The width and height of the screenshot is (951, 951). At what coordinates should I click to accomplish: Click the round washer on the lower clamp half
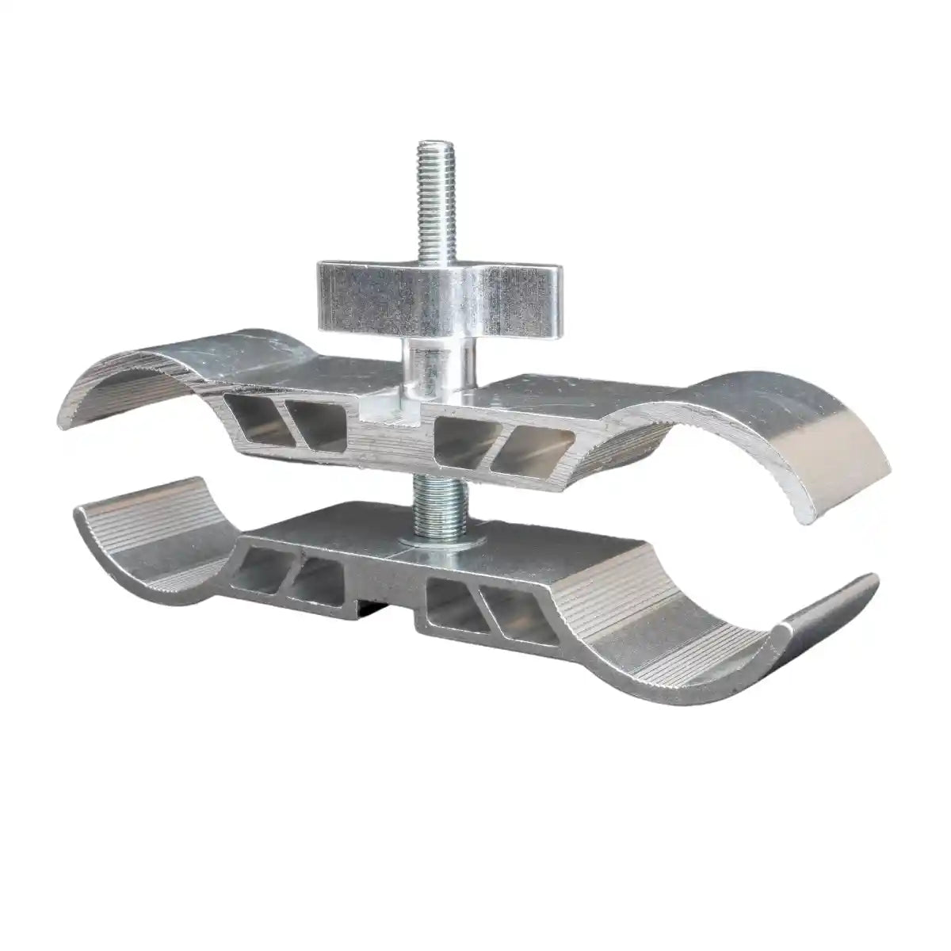pos(433,541)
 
